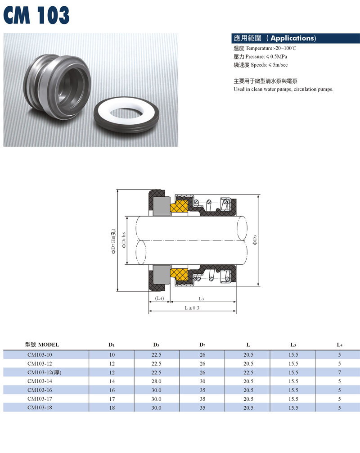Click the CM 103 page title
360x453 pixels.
(x=36, y=15)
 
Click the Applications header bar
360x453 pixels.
(x=295, y=38)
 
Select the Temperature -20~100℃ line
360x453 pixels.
(x=265, y=48)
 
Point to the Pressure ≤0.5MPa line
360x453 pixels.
(x=260, y=57)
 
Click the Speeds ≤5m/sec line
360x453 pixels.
(x=261, y=65)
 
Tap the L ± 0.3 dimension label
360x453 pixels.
(x=192, y=308)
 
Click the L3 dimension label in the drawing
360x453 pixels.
(x=201, y=299)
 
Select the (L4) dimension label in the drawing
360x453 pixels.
(x=159, y=298)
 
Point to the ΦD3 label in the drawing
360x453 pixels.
(x=255, y=240)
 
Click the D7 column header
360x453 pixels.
(x=202, y=344)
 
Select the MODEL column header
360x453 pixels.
(x=42, y=344)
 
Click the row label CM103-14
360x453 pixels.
(x=40, y=381)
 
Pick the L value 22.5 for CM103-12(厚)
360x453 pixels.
(x=248, y=373)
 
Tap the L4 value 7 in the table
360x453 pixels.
(x=339, y=373)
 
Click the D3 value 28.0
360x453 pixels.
(x=157, y=381)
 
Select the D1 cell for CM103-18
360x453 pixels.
(x=112, y=408)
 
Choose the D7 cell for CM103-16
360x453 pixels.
(x=202, y=390)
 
